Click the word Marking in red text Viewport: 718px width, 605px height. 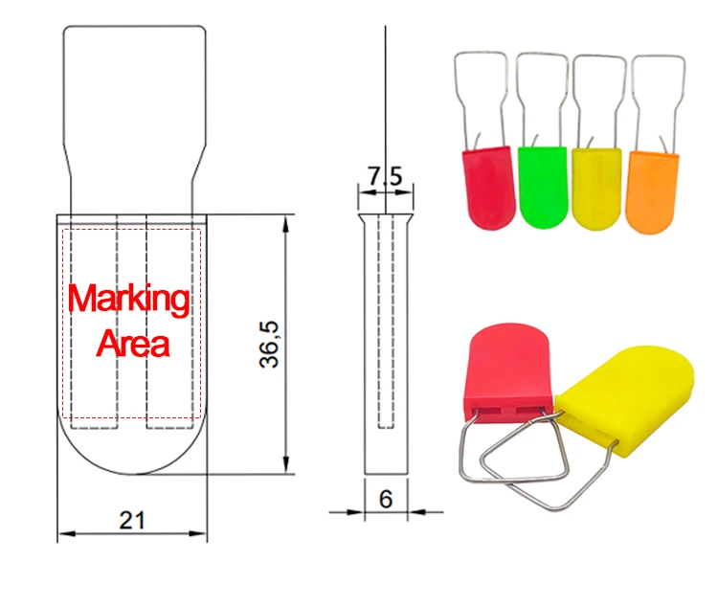point(129,300)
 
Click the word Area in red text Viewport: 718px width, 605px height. point(132,343)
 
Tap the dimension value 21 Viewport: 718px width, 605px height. point(132,521)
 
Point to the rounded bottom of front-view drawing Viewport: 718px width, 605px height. point(132,455)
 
